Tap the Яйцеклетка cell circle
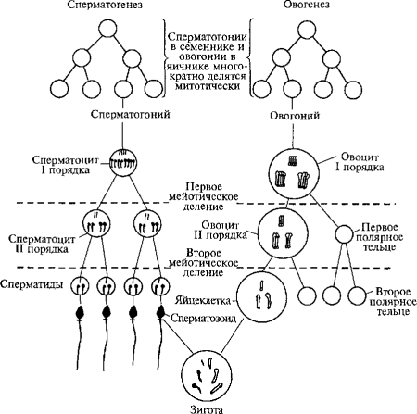260,298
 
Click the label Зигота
209,407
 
